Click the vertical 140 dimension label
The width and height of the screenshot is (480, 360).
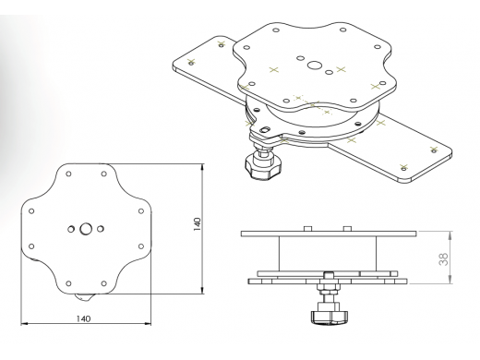coord(197,224)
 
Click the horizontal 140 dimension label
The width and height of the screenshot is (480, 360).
coord(83,318)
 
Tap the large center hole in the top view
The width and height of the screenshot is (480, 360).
coord(86,229)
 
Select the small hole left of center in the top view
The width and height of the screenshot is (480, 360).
coord(71,229)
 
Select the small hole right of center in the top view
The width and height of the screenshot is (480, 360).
coord(100,229)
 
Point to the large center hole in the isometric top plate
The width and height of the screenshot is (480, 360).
coord(314,66)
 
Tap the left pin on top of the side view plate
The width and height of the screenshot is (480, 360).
coord(307,229)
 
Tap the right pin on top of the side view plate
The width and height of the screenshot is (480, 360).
coord(347,229)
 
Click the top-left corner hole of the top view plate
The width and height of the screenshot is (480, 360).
coord(69,174)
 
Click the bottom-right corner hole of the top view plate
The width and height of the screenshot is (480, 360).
coord(104,283)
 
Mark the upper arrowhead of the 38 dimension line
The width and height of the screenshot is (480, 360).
coord(450,234)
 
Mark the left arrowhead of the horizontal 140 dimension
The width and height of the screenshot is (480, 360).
coord(24,323)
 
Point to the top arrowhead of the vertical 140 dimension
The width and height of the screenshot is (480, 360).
coord(202,167)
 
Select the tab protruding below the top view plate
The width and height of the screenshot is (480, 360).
coord(82,297)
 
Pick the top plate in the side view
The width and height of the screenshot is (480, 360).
coord(329,234)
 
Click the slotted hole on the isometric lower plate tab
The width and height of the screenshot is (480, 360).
coord(265,129)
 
